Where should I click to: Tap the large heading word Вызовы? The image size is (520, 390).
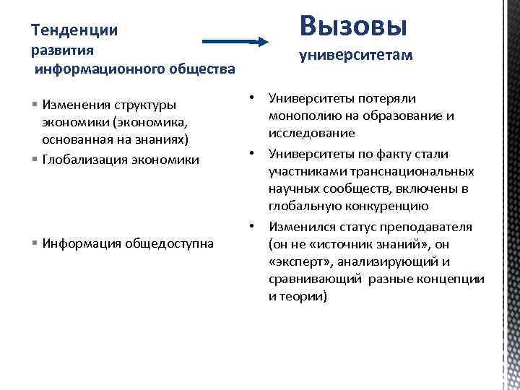(x=354, y=25)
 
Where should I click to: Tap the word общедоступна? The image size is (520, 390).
(x=170, y=243)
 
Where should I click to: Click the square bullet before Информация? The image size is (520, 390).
(x=35, y=243)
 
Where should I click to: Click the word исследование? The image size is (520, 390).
(x=311, y=134)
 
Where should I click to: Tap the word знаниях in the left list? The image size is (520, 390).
(x=167, y=139)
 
